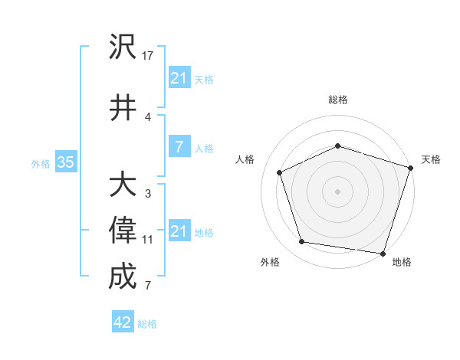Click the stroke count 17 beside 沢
[x=149, y=56]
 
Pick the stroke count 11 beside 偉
[x=148, y=240]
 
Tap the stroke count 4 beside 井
[x=148, y=116]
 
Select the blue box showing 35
[x=65, y=162]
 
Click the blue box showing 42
[x=123, y=322]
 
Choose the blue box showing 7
[x=179, y=148]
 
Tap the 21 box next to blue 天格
[x=179, y=78]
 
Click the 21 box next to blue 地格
[x=179, y=231]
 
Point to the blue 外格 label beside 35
[x=41, y=163]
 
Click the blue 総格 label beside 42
[x=147, y=324]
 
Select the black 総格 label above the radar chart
[x=338, y=100]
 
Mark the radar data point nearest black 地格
[x=383, y=253]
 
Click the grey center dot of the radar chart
[x=337, y=191]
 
